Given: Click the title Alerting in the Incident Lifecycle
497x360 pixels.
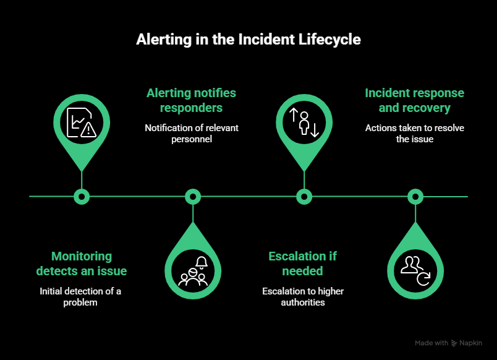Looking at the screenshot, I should [248, 40].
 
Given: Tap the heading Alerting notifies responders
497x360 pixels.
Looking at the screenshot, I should [191, 100].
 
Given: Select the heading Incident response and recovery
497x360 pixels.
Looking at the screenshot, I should [414, 100].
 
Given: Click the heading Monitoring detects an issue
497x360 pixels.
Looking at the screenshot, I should [81, 264].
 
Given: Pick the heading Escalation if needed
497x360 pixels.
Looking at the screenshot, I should [302, 264].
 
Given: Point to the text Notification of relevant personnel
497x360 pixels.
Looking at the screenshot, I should [191, 134].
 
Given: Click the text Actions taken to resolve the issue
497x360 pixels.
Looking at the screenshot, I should [414, 134].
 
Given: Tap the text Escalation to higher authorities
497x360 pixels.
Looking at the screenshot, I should [302, 297].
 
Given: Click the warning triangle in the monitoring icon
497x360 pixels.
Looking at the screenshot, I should [89, 129].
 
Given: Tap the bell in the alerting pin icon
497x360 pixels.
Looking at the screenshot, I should [202, 262].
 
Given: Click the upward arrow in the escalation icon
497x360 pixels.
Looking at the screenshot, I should [294, 114].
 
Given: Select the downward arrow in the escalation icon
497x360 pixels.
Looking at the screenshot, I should [314, 130].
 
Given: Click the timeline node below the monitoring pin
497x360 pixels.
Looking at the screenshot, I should [82, 197].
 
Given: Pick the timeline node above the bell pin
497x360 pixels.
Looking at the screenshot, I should [193, 197].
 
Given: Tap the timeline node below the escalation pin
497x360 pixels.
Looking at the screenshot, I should [304, 197].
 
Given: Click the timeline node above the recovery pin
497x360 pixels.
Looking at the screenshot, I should [415, 197].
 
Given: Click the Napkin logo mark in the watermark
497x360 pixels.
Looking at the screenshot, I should [454, 343].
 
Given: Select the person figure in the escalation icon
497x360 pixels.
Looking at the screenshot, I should [304, 122].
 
